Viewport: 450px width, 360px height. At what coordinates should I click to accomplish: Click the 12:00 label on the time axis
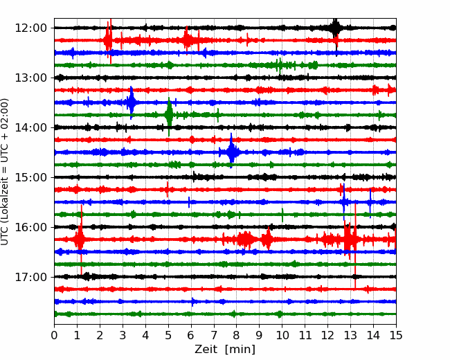30,28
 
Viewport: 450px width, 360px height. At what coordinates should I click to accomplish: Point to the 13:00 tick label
30,78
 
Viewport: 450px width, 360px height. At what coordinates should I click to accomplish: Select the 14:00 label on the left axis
30,127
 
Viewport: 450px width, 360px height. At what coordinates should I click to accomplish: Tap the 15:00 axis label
30,177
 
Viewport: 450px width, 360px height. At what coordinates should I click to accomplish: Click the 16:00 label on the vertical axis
30,227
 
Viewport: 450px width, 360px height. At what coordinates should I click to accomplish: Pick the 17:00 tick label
30,277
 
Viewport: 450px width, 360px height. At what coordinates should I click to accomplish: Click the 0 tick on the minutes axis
54,335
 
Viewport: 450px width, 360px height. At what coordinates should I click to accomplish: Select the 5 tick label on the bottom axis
168,335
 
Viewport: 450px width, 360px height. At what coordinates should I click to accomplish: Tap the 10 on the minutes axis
282,335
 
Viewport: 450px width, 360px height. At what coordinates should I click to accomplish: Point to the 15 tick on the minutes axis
396,335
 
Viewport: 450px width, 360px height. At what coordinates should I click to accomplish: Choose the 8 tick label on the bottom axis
237,335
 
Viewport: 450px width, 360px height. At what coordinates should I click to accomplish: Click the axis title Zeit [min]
225,350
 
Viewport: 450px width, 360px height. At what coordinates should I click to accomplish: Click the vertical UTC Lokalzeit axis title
5,172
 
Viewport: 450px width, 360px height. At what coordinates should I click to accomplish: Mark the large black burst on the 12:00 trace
334,28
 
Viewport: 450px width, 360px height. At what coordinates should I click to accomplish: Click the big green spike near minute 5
169,115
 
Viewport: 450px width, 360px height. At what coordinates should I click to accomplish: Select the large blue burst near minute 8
232,152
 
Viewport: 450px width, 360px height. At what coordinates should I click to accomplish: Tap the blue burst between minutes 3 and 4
131,102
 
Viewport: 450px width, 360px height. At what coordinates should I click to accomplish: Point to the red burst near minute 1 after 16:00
80,239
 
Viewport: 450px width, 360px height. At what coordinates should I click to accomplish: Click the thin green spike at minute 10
282,215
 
